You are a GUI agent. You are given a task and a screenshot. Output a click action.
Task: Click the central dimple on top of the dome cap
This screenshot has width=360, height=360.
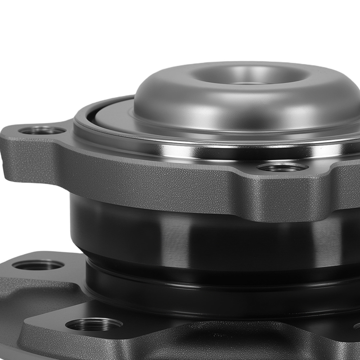point(248,76)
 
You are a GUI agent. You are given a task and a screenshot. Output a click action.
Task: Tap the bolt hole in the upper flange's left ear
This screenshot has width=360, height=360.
point(42,130)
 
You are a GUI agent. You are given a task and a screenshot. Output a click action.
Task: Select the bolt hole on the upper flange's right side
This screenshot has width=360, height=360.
point(283,167)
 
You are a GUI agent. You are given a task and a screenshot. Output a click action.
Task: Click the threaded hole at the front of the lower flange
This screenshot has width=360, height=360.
point(94,325)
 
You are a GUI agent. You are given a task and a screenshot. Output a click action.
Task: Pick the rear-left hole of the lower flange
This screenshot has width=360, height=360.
point(38,265)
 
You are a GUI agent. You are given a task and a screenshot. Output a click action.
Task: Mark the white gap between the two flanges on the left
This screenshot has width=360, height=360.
point(36,216)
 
